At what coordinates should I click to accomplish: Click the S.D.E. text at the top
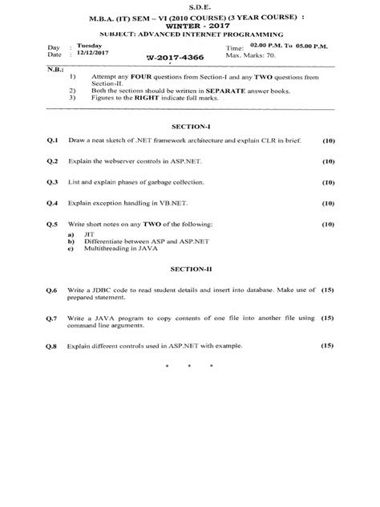[190, 7]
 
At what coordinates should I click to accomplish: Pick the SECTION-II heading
[190, 271]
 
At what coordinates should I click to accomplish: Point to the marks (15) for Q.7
[326, 318]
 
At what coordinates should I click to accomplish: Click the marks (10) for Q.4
[326, 204]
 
